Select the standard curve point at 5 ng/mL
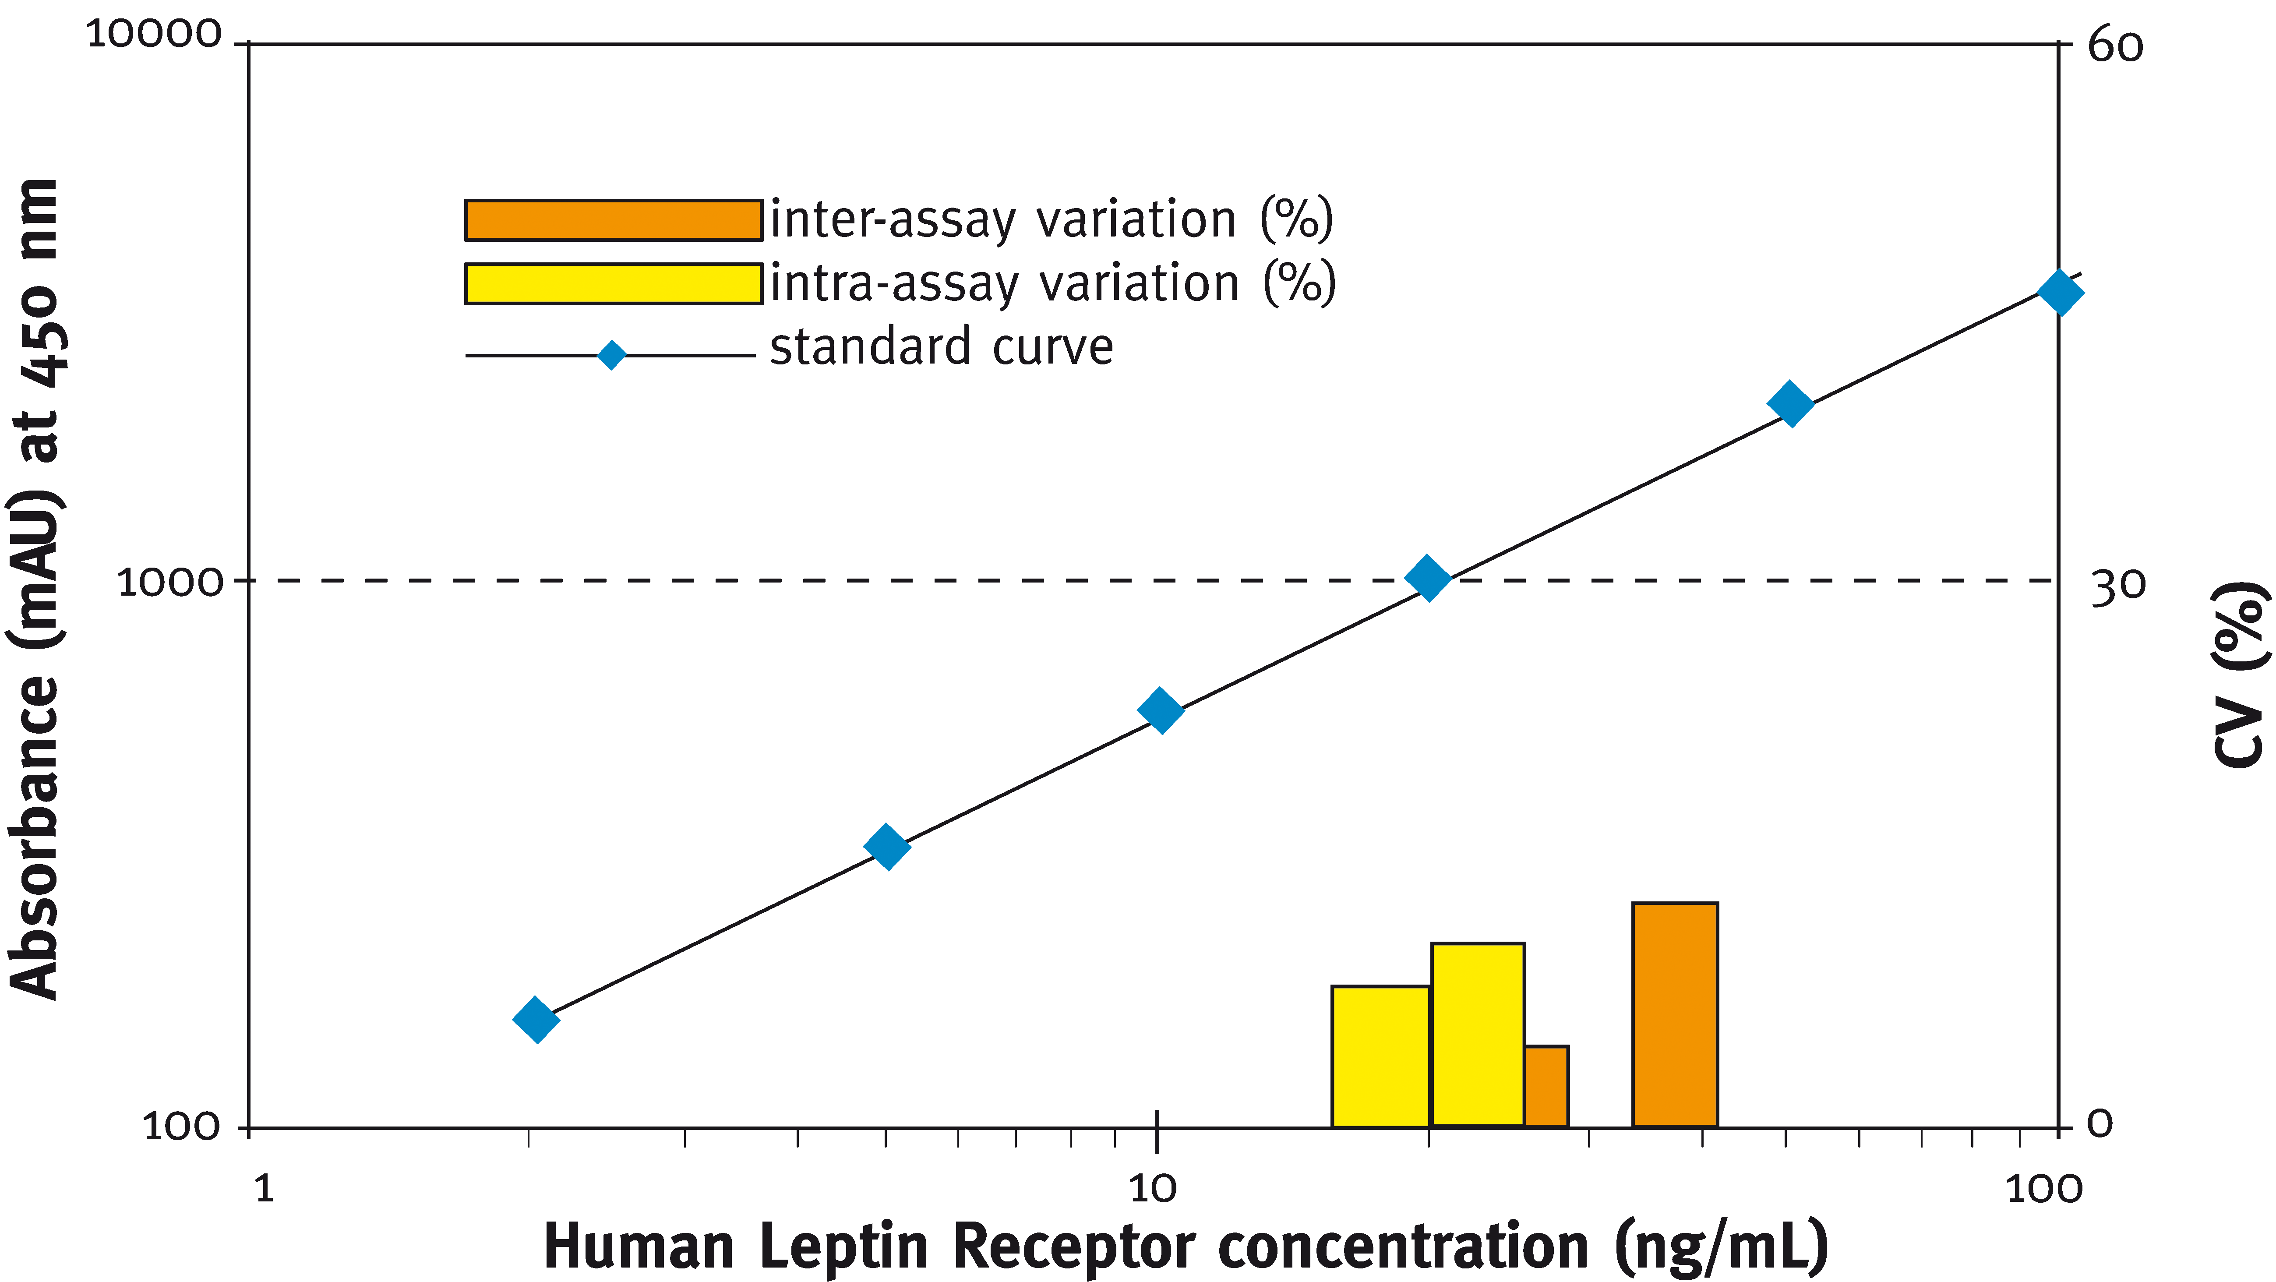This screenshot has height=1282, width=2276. tap(887, 847)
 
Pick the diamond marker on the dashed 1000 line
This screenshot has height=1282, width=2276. tap(1428, 579)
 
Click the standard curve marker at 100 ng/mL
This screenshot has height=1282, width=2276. tap(2060, 293)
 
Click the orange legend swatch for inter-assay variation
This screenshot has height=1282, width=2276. tap(613, 220)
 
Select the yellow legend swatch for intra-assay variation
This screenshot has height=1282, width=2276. tap(613, 284)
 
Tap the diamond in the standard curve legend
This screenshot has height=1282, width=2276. tap(611, 355)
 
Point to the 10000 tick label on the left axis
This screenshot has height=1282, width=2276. tap(154, 35)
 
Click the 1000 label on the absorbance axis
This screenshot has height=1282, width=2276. tap(169, 582)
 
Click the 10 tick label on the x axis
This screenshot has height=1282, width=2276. tap(1153, 1189)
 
